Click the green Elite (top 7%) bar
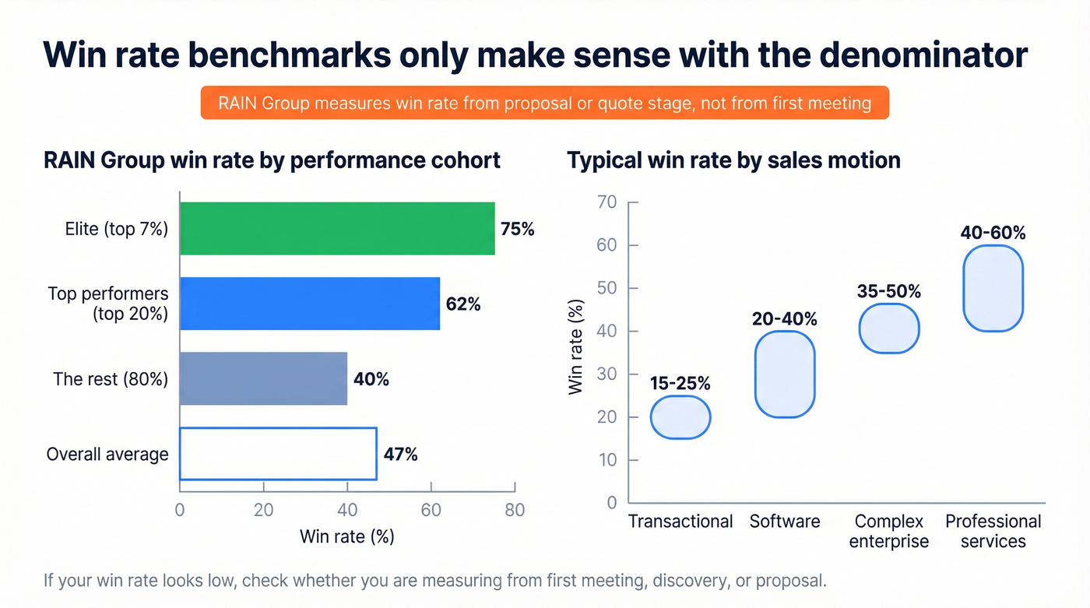[x=337, y=228]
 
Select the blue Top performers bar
[x=310, y=304]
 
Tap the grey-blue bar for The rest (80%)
[x=263, y=378]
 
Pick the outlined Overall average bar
[x=278, y=454]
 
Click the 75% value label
[x=517, y=229]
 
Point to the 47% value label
[x=400, y=455]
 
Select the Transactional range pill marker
[x=680, y=417]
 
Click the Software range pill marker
[x=785, y=374]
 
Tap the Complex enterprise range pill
[x=889, y=329]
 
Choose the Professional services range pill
[x=993, y=288]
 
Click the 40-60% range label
[x=993, y=233]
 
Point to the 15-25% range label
[x=680, y=384]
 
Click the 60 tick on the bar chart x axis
[x=431, y=511]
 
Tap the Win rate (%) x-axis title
[x=346, y=536]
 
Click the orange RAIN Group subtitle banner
[x=544, y=103]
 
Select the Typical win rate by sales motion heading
[x=733, y=160]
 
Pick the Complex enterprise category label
[x=889, y=531]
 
